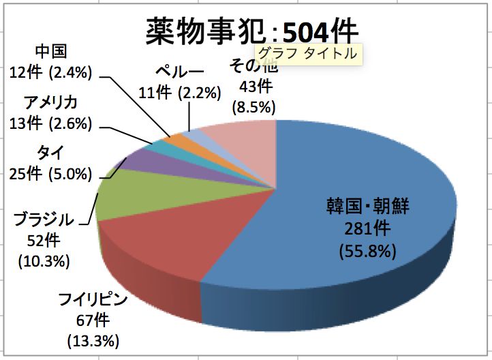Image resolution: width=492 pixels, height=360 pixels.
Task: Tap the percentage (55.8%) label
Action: tap(367, 252)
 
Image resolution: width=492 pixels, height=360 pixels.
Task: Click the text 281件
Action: tap(367, 228)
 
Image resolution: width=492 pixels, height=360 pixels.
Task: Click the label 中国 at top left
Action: tap(51, 52)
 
